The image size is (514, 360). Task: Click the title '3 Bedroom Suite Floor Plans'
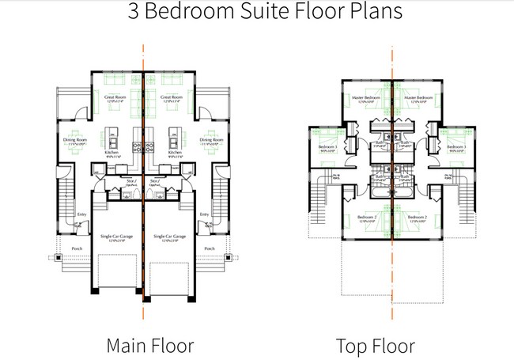(x=257, y=13)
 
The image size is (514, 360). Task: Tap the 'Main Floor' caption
(x=150, y=346)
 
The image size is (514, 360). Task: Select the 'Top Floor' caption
(x=375, y=346)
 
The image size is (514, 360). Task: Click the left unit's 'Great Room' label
(x=115, y=97)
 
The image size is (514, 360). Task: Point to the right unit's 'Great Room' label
(x=172, y=97)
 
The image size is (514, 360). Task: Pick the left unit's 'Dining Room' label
(x=74, y=140)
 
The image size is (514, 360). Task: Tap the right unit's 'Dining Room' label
(x=211, y=140)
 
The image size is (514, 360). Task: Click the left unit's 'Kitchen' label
(x=111, y=153)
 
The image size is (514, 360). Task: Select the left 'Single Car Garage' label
(x=115, y=237)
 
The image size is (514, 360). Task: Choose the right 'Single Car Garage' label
(x=169, y=237)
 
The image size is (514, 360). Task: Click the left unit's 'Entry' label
(x=82, y=214)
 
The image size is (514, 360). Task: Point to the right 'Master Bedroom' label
(x=419, y=97)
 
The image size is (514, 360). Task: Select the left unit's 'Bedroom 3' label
(x=327, y=147)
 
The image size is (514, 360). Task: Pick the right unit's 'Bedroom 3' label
(x=456, y=147)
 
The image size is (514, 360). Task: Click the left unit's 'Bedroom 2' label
(x=366, y=217)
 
